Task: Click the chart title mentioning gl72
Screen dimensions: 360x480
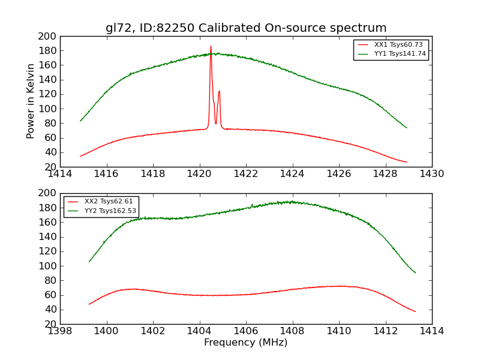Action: tap(246, 28)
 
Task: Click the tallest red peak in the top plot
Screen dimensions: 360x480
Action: tap(211, 47)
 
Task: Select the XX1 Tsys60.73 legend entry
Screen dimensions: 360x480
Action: tap(391, 45)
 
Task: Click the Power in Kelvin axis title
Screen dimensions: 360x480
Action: tap(31, 101)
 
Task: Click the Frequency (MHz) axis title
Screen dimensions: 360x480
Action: tap(246, 343)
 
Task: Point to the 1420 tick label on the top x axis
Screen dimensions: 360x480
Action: tap(199, 174)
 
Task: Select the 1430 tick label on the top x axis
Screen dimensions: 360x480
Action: tap(431, 174)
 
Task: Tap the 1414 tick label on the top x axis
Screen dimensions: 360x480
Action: tap(61, 174)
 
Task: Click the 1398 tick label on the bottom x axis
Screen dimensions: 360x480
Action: tap(61, 331)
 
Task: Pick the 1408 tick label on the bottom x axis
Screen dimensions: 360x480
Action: tap(292, 331)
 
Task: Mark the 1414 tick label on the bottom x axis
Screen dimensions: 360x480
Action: tap(431, 331)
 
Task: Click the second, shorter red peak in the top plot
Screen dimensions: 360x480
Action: tap(219, 91)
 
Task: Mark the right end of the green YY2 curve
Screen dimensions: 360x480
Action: tap(415, 272)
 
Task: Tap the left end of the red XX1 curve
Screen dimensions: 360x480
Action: tap(80, 156)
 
